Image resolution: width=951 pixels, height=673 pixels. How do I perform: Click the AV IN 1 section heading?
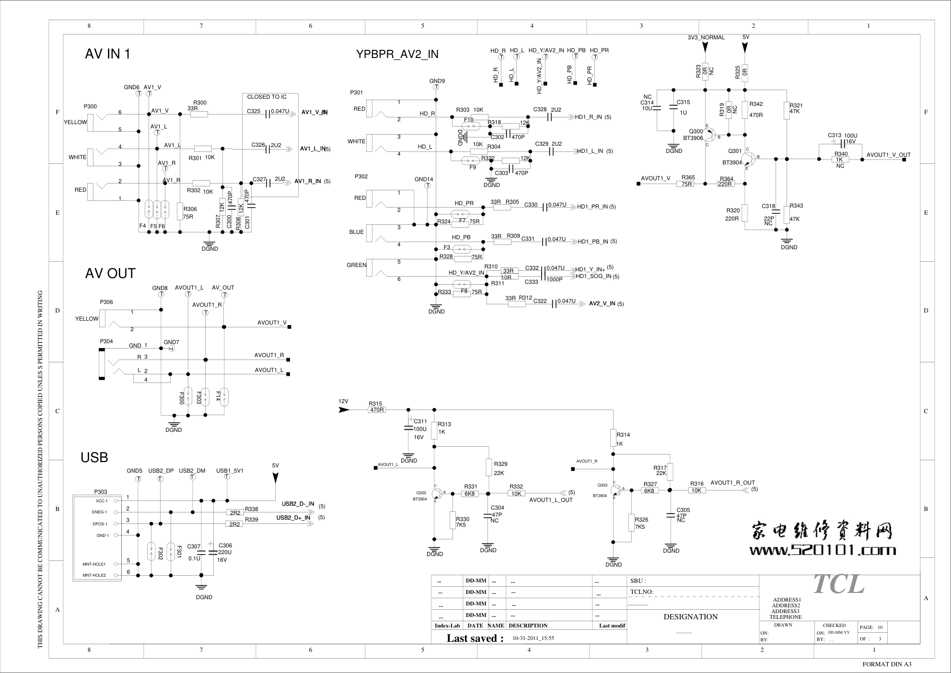107,54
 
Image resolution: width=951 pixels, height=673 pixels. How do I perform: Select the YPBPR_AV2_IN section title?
397,54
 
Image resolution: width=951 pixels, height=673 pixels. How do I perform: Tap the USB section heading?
94,458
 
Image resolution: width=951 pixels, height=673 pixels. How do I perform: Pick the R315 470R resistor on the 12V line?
377,410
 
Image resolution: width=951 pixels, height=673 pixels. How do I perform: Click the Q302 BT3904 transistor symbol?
437,494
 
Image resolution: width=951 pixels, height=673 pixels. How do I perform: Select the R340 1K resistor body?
840,160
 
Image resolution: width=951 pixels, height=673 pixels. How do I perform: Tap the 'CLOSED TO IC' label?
267,97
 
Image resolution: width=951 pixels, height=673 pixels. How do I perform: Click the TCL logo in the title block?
839,584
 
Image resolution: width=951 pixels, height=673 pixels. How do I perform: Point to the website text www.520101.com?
823,550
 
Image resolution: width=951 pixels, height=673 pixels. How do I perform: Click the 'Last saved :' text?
475,638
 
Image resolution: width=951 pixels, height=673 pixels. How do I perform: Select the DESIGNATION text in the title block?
690,617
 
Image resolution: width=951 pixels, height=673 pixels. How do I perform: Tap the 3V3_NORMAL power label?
706,37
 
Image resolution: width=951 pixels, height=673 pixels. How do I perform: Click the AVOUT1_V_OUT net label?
888,155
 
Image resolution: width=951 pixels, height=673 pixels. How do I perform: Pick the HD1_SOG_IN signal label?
593,276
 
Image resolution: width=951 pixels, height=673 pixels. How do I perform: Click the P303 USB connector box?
97,538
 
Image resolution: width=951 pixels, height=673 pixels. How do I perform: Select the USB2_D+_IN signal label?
293,518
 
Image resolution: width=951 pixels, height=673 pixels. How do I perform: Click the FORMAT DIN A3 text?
887,664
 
